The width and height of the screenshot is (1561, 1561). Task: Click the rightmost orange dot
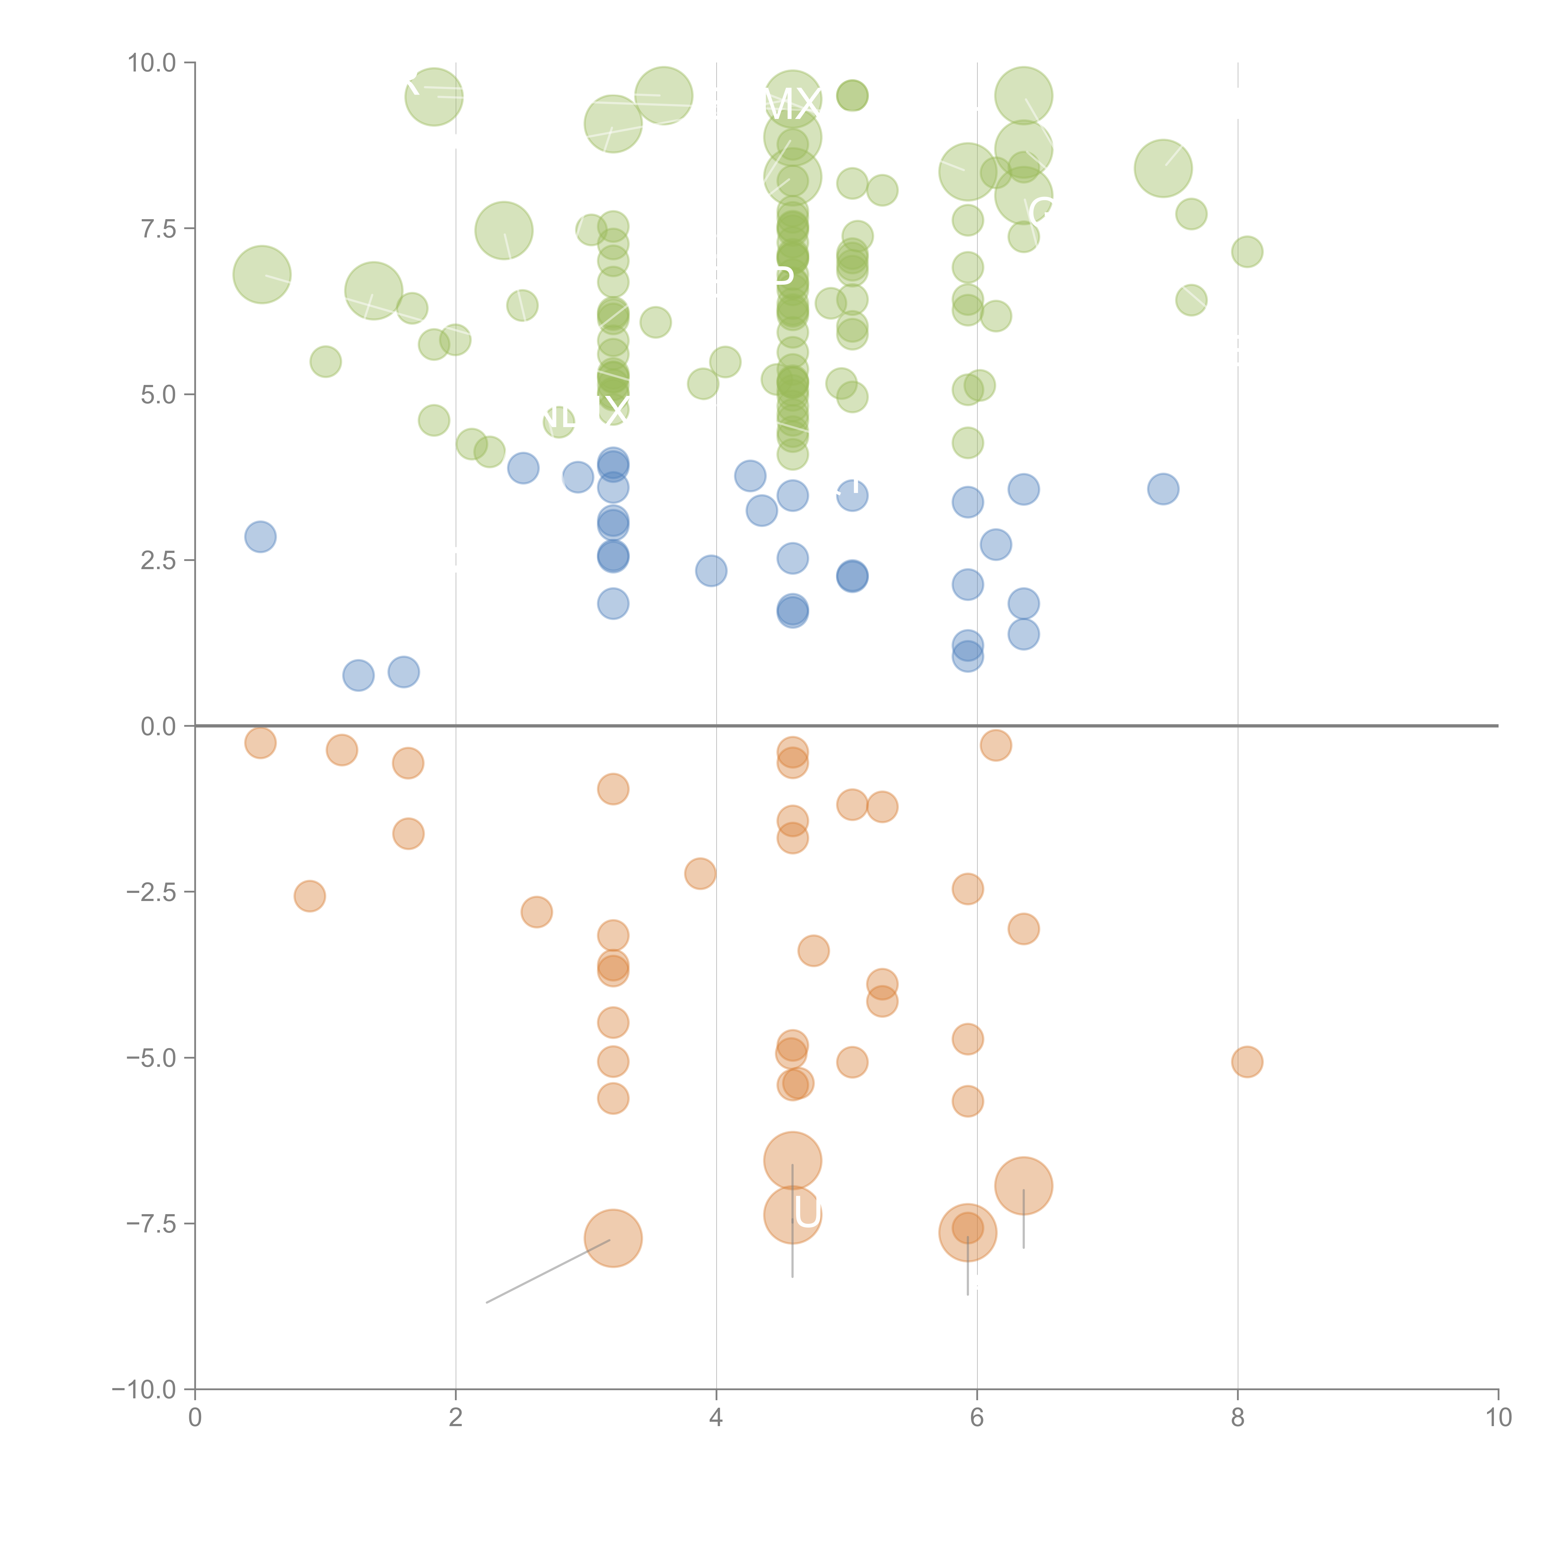[1247, 1062]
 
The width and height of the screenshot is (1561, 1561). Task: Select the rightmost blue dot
[1163, 489]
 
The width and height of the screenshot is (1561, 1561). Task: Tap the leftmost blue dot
[260, 536]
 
